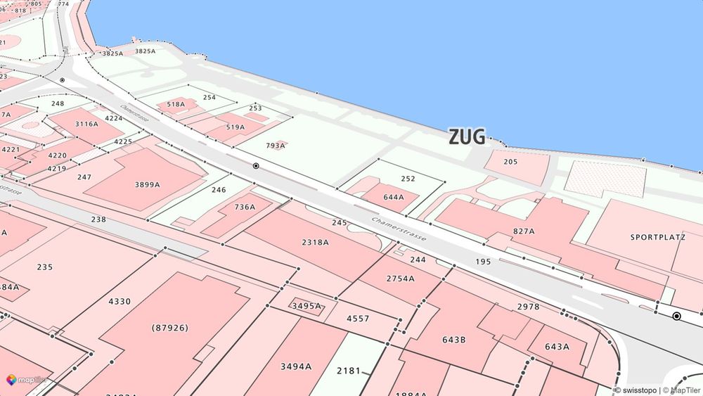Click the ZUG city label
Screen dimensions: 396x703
[x=467, y=137]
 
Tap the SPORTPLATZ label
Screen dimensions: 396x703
[x=657, y=238]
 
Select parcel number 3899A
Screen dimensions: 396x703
[x=147, y=184]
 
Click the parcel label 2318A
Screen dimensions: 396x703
[x=315, y=242]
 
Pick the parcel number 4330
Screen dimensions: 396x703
[x=120, y=301]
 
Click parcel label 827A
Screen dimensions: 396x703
[x=524, y=231]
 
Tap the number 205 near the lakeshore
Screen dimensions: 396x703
[x=511, y=162]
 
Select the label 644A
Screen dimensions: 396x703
[x=394, y=197]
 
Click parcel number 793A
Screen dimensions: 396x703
[x=276, y=146]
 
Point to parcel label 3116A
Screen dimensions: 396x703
[x=87, y=124]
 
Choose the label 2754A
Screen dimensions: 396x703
[x=400, y=279]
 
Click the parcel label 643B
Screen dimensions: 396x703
[x=454, y=340]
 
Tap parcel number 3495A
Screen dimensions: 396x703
[x=307, y=306]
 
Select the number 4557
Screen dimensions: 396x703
[x=358, y=319]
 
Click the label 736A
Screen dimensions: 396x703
[x=245, y=207]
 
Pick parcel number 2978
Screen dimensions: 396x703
[x=528, y=307]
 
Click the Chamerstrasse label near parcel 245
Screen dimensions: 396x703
[x=399, y=229]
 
